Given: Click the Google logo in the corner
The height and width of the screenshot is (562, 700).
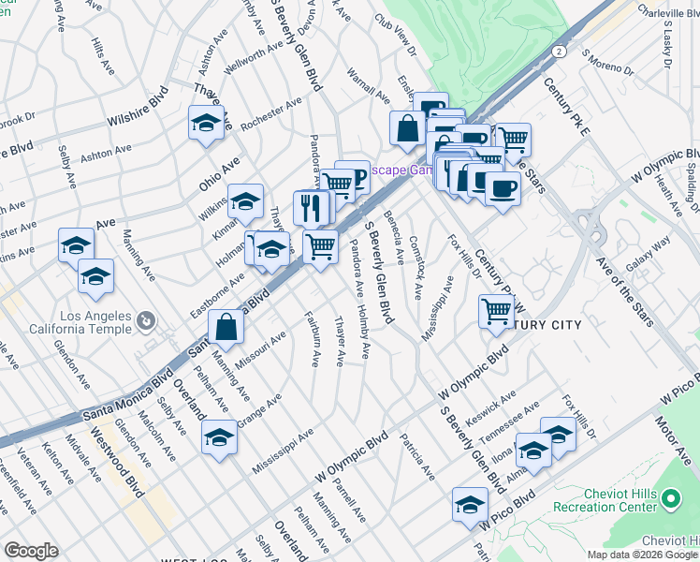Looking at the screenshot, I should pos(31,551).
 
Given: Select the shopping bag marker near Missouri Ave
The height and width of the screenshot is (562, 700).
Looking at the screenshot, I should pos(226,328).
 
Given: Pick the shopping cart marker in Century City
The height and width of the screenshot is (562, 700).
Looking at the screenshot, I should pos(496,311).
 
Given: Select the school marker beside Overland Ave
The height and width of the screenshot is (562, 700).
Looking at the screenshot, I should pos(219,437).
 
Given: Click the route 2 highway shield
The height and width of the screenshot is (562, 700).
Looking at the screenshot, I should pos(558,50).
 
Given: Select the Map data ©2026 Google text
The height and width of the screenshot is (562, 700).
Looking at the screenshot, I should pos(642,554).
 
